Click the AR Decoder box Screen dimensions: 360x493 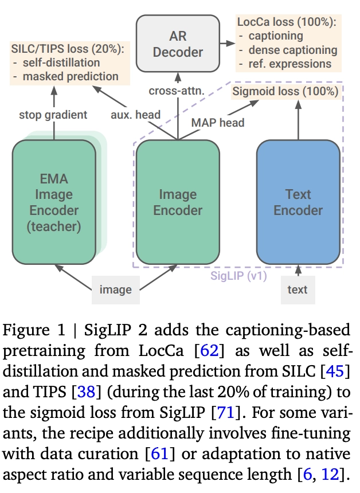(x=178, y=44)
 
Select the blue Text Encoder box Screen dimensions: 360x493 (x=298, y=202)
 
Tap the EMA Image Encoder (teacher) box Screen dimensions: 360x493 (x=54, y=202)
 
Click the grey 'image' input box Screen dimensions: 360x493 (x=116, y=289)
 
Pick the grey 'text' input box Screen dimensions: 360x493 (x=298, y=289)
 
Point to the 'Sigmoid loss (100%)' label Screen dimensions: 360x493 (x=285, y=91)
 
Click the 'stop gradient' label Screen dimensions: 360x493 (x=53, y=115)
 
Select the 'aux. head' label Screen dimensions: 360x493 (x=135, y=115)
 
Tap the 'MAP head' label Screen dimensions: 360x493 (x=218, y=123)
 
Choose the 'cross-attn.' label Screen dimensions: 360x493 (x=177, y=91)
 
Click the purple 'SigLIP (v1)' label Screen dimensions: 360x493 (x=238, y=276)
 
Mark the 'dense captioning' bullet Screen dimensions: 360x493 (x=293, y=50)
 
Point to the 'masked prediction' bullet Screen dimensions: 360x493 (x=71, y=76)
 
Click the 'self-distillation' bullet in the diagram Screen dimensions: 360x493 (x=61, y=62)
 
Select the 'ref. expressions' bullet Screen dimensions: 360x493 (x=290, y=64)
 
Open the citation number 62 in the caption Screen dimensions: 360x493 (x=209, y=350)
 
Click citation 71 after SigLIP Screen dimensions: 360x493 (x=226, y=412)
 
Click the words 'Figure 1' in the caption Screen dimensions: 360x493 (x=34, y=330)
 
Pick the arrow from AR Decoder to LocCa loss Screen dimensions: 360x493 (x=228, y=44)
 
